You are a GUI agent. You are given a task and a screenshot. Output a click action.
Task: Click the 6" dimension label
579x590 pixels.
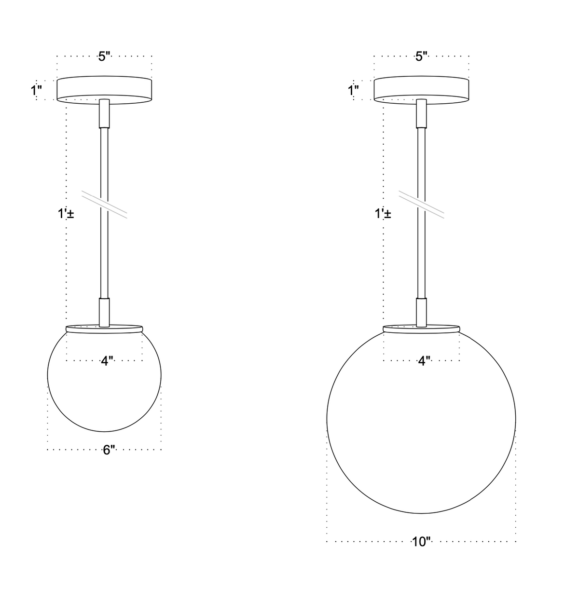[109, 450]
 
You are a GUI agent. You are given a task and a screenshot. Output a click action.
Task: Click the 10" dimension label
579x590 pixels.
[421, 542]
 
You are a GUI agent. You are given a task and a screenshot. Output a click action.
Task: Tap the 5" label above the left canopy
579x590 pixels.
[105, 56]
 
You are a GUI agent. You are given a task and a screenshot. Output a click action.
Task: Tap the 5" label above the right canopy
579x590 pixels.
[422, 56]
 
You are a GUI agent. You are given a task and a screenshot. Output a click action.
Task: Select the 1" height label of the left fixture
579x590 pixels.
[37, 90]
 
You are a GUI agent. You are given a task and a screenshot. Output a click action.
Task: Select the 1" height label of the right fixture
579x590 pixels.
[354, 90]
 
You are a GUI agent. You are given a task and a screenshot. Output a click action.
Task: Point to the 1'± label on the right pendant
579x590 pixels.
[383, 214]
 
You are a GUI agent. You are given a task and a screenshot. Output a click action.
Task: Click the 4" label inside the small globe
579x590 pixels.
[107, 360]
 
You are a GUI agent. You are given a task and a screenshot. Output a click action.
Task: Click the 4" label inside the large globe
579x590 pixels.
[424, 360]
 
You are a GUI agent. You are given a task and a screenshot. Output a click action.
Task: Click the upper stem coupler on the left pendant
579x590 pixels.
[104, 113]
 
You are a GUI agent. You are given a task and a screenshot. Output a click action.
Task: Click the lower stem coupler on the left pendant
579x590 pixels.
[104, 312]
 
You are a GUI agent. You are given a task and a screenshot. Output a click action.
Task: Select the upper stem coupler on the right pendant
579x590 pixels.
[421, 113]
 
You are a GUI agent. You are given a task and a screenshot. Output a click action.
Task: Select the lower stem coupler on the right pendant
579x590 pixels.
[421, 312]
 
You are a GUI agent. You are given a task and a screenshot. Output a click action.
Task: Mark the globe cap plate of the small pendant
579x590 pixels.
[104, 328]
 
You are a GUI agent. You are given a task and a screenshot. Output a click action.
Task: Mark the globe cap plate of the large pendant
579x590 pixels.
[421, 328]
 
